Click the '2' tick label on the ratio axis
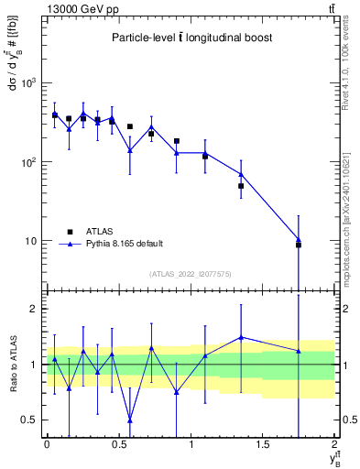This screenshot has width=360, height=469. pyautogui.click(x=36, y=309)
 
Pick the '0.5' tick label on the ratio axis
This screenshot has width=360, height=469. pyautogui.click(x=31, y=420)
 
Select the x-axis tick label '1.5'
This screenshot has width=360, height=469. pyautogui.click(x=263, y=445)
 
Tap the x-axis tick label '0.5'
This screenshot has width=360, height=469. pyautogui.click(x=118, y=445)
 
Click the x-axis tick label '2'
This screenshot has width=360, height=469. pyautogui.click(x=335, y=445)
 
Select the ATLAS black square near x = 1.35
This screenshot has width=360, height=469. pyautogui.click(x=241, y=186)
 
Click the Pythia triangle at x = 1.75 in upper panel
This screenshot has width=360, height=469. pyautogui.click(x=299, y=239)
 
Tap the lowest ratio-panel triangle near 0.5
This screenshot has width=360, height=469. pyautogui.click(x=129, y=420)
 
